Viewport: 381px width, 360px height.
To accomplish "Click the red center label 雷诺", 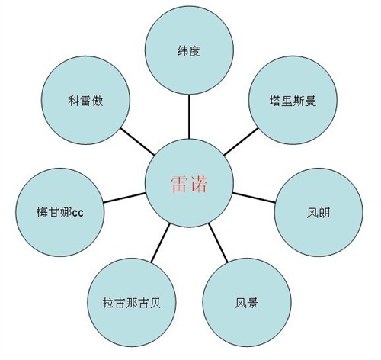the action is (x=189, y=184).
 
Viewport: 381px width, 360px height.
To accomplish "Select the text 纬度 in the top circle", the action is (x=189, y=50).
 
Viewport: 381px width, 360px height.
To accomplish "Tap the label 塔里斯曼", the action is (x=293, y=101).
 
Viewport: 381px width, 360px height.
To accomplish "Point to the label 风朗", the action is (x=319, y=213).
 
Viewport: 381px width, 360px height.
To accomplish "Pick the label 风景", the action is (x=247, y=303).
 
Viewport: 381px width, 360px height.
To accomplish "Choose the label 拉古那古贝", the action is (x=132, y=303).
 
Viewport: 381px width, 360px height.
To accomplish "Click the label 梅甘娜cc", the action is (x=60, y=213).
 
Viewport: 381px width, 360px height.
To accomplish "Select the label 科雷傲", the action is (x=85, y=101).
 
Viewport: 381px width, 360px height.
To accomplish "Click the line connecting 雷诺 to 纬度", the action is (x=189, y=117).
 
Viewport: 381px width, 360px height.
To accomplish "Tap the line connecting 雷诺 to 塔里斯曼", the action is (x=241, y=141).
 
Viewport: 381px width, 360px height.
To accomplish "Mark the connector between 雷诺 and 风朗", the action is (x=254, y=198).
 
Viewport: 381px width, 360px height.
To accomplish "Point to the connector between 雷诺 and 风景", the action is (x=218, y=243).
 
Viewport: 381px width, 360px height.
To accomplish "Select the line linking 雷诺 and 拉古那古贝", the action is (x=160, y=243).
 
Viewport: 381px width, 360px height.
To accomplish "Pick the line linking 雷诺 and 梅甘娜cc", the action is (x=124, y=198).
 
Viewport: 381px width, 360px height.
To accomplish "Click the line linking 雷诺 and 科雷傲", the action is (x=137, y=141).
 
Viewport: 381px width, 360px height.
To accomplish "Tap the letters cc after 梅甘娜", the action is (x=78, y=214).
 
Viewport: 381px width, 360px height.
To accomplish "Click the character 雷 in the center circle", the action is (x=179, y=184).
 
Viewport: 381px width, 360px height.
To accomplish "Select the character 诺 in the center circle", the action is (x=199, y=184).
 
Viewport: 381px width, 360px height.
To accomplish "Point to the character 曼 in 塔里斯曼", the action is (x=311, y=101).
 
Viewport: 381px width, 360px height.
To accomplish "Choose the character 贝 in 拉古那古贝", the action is (x=155, y=303).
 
